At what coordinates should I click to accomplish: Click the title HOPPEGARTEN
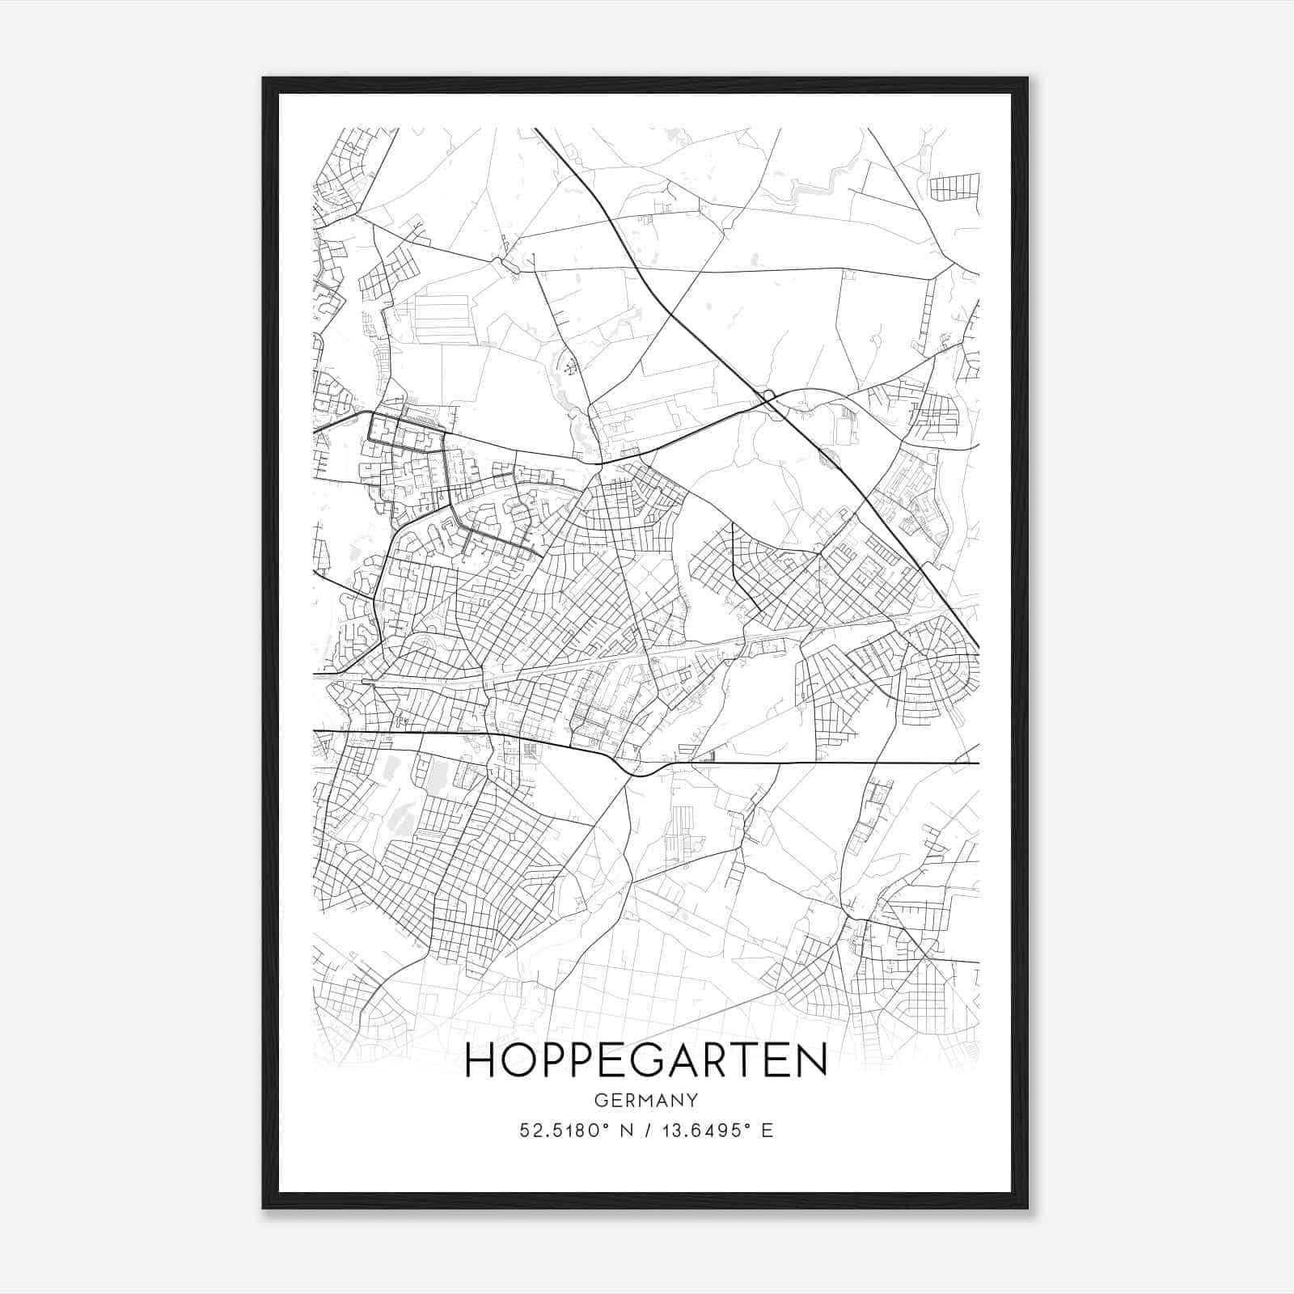point(646,1060)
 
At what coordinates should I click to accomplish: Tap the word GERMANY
point(646,1100)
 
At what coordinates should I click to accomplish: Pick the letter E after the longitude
point(767,1130)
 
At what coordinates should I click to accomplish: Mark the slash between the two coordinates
point(645,1130)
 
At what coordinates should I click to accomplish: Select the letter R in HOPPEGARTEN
point(725,1060)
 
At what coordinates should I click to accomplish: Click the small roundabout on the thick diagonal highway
point(768,395)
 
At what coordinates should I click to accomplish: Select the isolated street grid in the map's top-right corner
point(954,187)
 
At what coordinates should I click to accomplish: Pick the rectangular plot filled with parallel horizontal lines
point(441,318)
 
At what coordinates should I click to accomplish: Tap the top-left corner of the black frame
point(264,79)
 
